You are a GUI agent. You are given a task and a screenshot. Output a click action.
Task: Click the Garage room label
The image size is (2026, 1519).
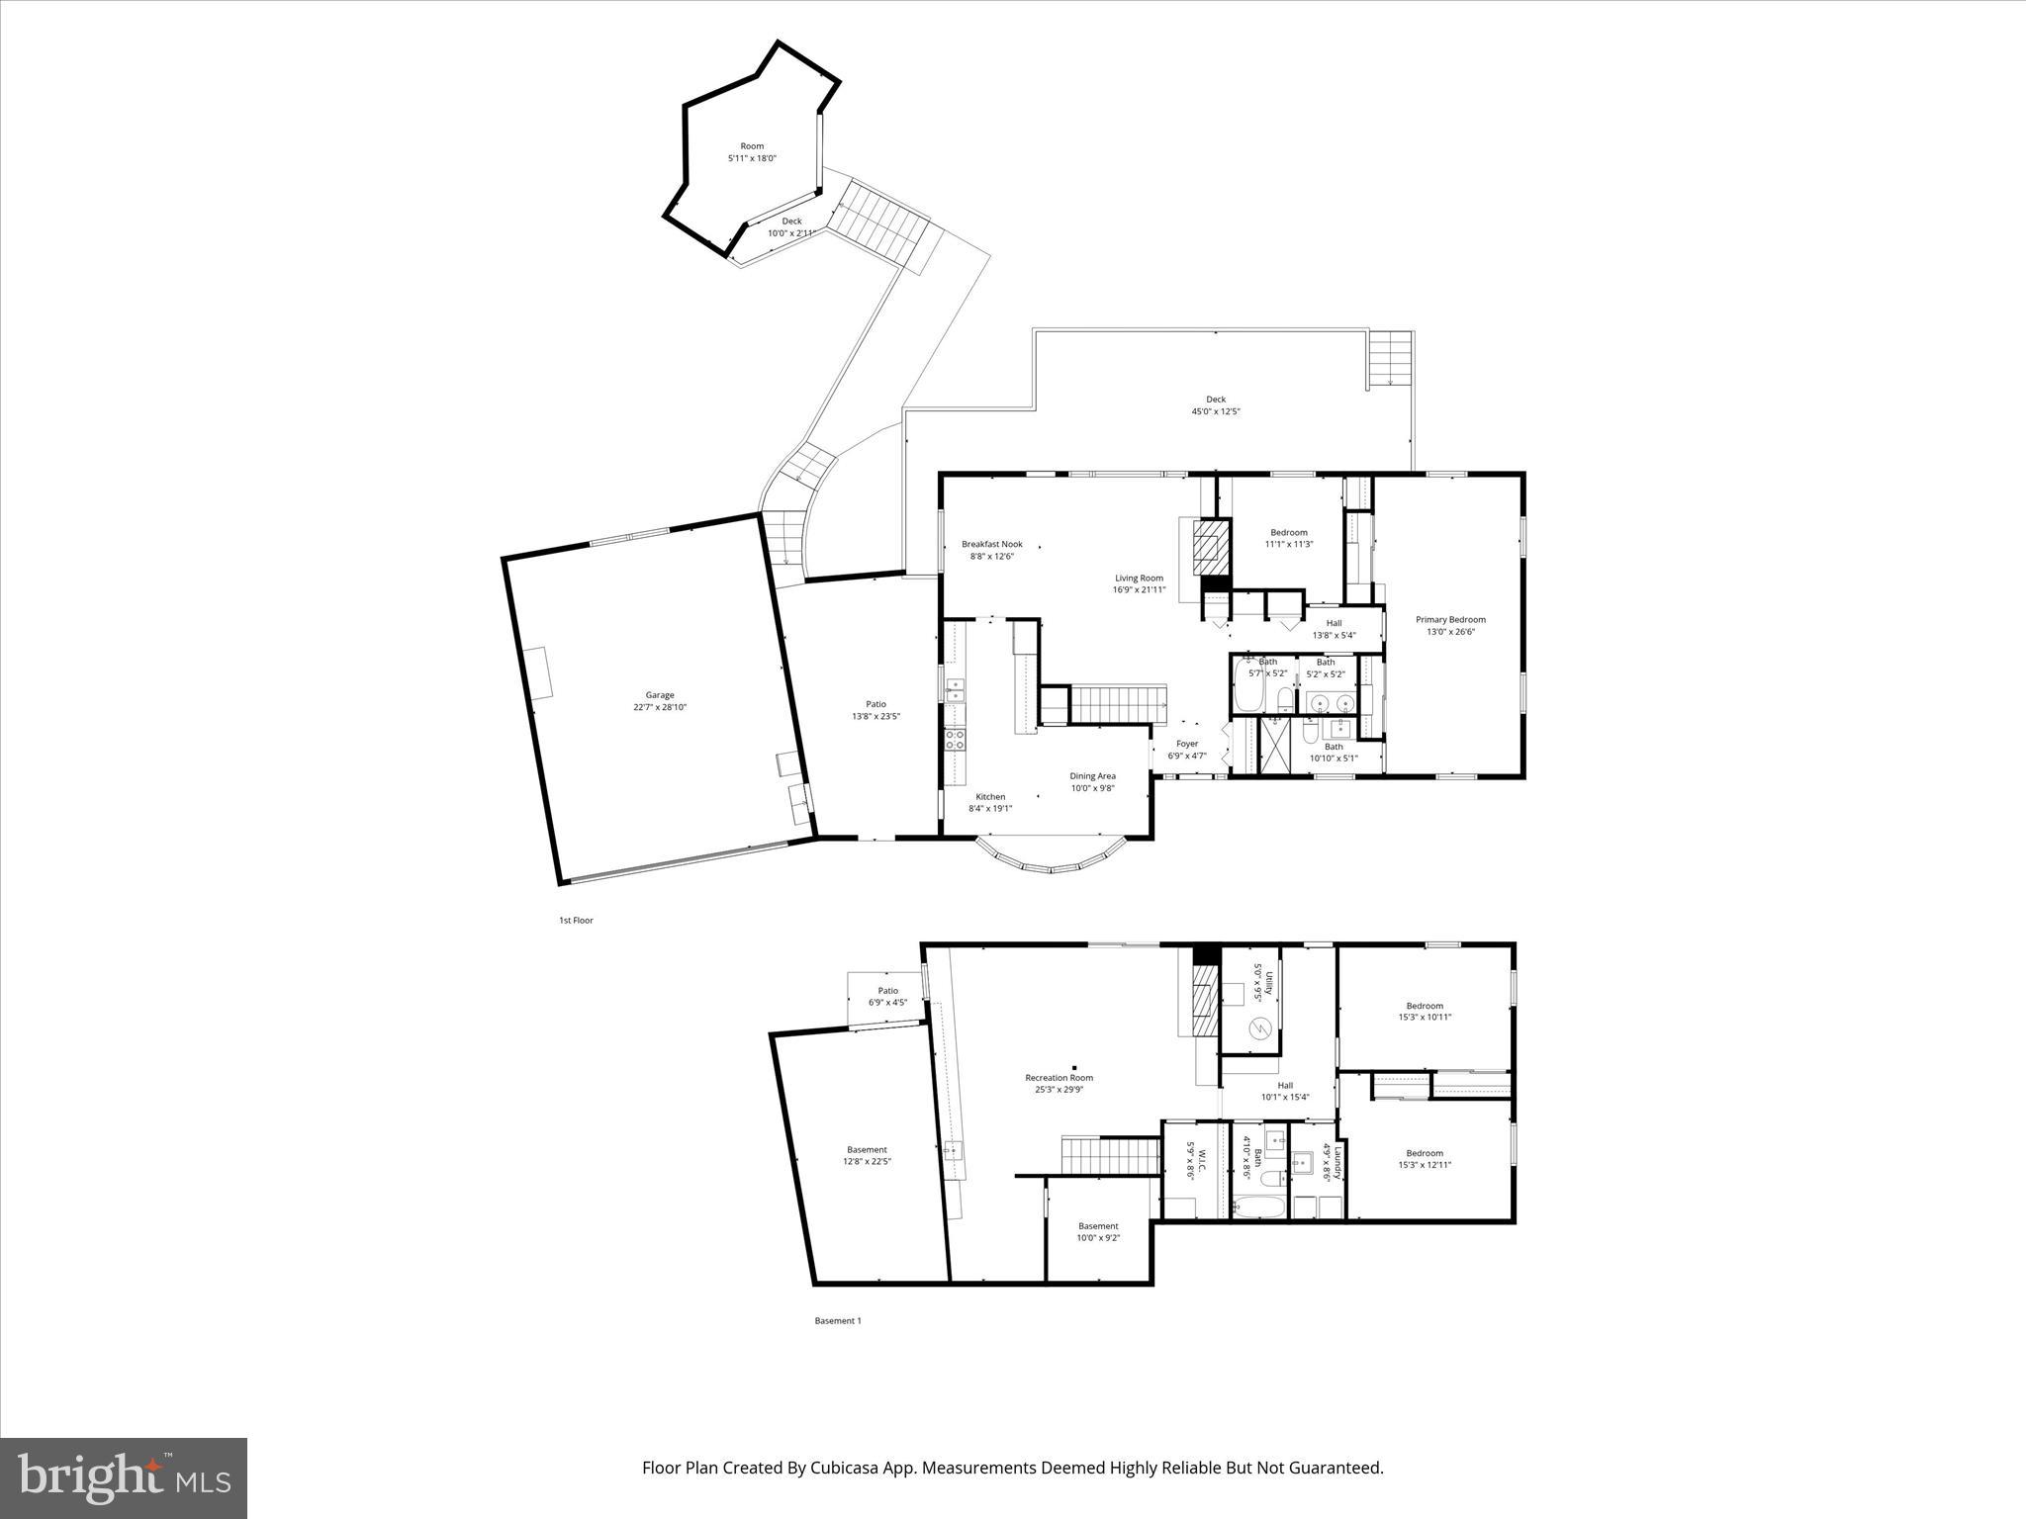(660, 695)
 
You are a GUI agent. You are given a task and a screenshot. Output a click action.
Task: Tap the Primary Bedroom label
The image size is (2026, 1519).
(1450, 620)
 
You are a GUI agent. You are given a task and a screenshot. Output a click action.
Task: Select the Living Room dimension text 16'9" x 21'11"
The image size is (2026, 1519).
(1139, 590)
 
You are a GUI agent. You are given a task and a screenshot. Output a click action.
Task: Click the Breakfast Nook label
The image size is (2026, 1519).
(992, 544)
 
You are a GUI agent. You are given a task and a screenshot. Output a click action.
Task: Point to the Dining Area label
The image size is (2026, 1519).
(1092, 776)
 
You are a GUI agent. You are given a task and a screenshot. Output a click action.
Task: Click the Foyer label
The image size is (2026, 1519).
(1187, 744)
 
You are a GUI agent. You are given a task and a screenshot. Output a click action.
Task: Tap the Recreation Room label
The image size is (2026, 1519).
(1059, 1078)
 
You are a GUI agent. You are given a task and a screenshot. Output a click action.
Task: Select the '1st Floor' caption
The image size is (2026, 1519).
(576, 921)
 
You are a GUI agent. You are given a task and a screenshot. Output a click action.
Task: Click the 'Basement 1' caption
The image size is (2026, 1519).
(838, 1320)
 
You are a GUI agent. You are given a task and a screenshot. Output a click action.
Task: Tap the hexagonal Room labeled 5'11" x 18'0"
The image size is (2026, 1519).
(752, 146)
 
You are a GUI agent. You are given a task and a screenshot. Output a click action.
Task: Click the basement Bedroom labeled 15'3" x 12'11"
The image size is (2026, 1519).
(1425, 1153)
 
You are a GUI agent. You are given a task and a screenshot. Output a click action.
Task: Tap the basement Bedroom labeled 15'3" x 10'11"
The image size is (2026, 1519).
(1425, 1006)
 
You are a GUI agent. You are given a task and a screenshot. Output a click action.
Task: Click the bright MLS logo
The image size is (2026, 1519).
(124, 1476)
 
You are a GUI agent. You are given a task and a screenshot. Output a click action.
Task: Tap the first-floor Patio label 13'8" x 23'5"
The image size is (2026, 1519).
(875, 704)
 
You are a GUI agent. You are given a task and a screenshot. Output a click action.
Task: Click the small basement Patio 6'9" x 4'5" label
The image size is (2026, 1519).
(887, 991)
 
